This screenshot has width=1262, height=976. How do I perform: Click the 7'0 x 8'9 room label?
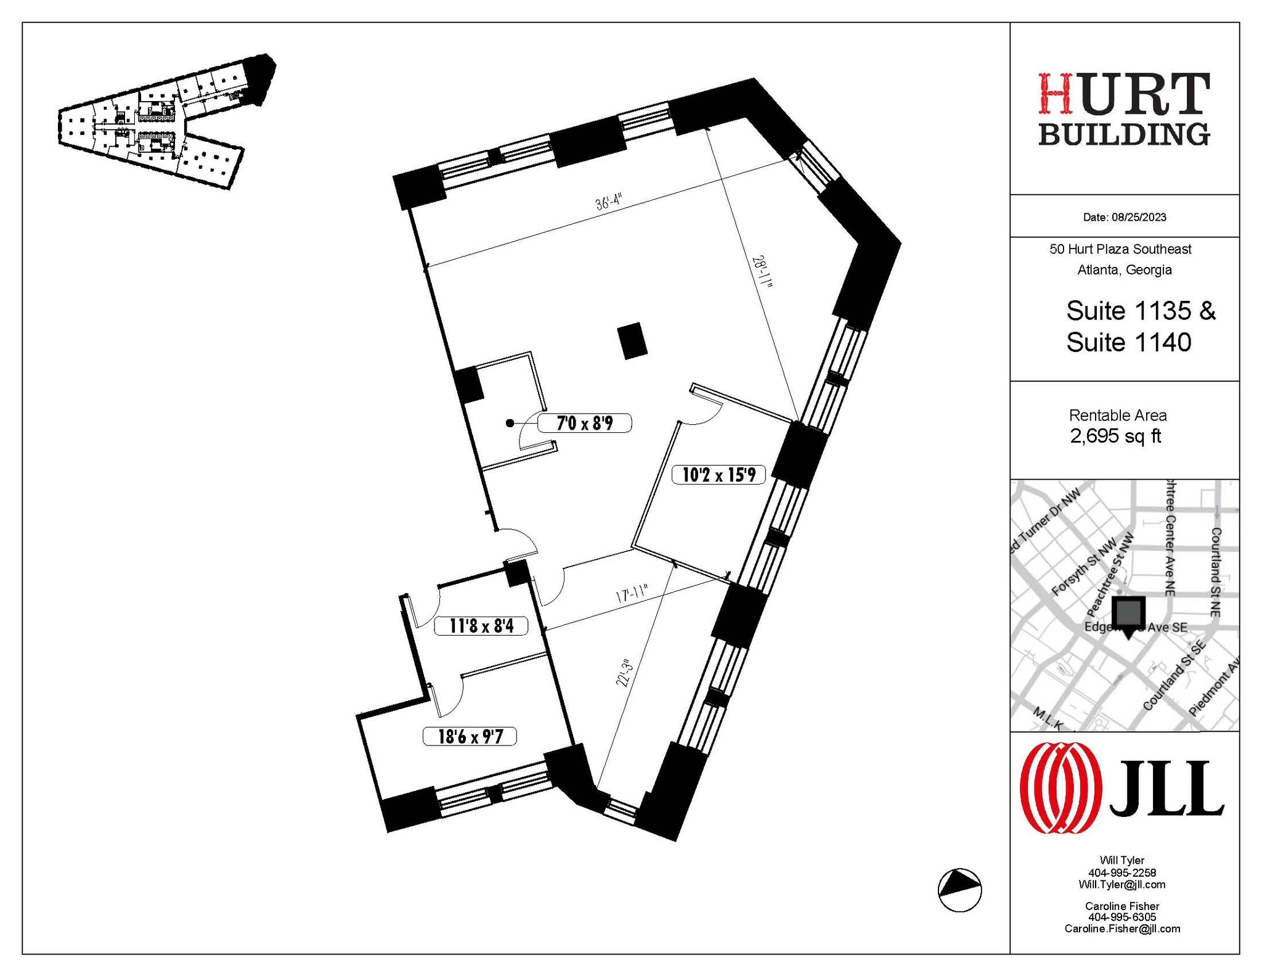point(584,423)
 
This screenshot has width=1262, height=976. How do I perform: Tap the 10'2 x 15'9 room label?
point(718,474)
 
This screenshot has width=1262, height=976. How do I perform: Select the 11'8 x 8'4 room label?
point(481,626)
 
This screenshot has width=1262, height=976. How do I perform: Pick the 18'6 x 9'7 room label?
point(470,736)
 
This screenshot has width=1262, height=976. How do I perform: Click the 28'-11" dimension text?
point(762,271)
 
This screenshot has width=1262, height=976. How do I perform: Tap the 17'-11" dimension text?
point(632,596)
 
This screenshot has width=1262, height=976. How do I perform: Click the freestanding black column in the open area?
point(632,340)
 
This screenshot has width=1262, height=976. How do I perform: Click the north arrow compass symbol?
point(959,890)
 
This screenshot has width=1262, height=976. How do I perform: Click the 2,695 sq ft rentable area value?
point(1115,436)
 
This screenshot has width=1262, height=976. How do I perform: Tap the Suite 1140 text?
point(1128,342)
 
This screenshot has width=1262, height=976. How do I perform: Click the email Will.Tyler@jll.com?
point(1122,884)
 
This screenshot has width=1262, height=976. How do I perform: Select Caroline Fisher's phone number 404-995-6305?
point(1122,917)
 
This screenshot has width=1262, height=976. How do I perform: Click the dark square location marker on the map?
point(1128,612)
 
